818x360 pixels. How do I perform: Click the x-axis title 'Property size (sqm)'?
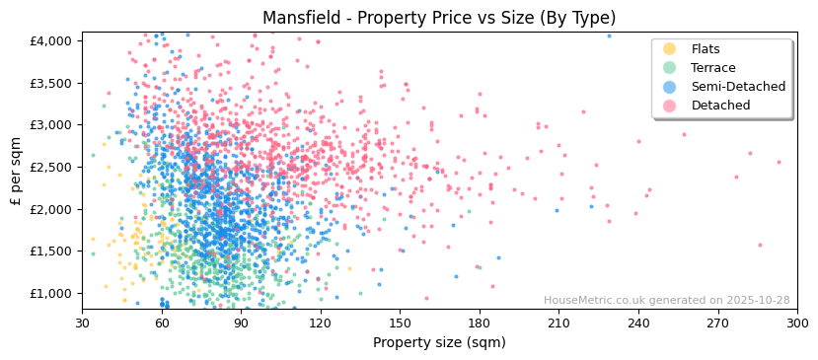(439, 343)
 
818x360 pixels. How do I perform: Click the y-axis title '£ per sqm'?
(16, 172)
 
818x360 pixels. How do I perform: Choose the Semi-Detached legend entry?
(738, 87)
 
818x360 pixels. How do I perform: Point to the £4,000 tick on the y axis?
(51, 40)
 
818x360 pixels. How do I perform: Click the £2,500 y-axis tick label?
(51, 167)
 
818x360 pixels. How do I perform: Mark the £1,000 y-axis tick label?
(51, 293)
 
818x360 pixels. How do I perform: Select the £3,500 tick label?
(51, 83)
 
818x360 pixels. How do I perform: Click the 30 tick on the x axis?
(82, 323)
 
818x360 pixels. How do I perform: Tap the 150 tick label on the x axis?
(400, 323)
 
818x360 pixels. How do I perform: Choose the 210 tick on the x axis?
(558, 323)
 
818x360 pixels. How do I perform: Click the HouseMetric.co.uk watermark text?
(666, 301)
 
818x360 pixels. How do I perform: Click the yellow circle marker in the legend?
(670, 49)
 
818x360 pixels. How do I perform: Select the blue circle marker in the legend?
(670, 87)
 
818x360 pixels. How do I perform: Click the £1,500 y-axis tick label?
(51, 252)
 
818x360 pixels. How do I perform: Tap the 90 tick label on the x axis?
(241, 323)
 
